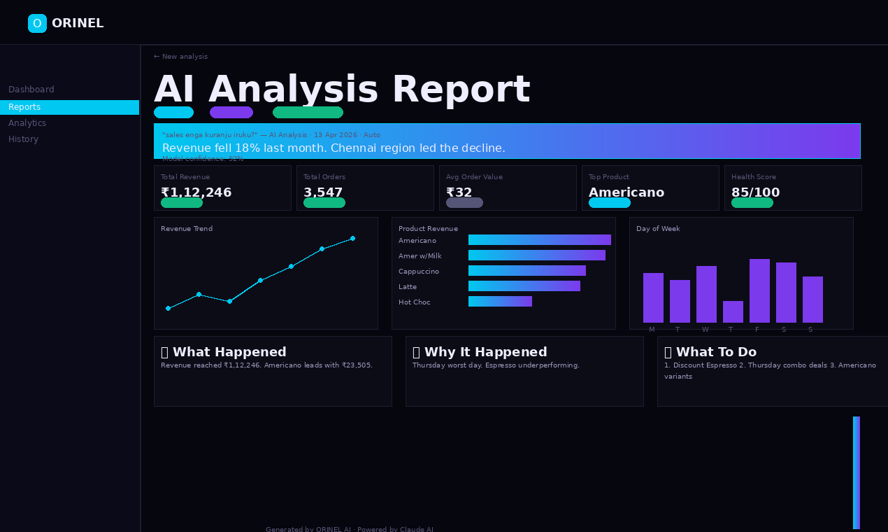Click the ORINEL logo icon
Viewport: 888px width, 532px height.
click(37, 23)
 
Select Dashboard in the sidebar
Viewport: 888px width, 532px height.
click(31, 90)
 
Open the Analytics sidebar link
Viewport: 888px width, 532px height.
click(27, 123)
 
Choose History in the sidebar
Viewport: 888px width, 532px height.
click(24, 139)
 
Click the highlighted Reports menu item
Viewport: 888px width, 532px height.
click(69, 107)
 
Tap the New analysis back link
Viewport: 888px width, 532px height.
click(180, 57)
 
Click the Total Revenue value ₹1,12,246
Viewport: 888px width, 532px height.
click(196, 192)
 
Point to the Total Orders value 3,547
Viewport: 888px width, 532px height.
click(323, 192)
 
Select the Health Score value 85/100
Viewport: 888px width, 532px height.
click(755, 192)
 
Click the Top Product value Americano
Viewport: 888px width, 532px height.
click(626, 192)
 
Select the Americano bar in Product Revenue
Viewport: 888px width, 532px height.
click(539, 240)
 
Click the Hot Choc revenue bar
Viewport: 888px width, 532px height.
click(500, 302)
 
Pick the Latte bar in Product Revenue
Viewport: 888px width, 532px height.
click(524, 286)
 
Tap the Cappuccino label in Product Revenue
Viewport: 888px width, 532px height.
click(419, 272)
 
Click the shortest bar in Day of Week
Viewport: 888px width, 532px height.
click(733, 312)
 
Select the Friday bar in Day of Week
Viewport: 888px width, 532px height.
click(759, 291)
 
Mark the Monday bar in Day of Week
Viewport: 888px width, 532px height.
click(653, 298)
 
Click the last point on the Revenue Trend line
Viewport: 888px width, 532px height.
click(352, 239)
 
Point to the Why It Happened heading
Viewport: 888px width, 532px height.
click(485, 352)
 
